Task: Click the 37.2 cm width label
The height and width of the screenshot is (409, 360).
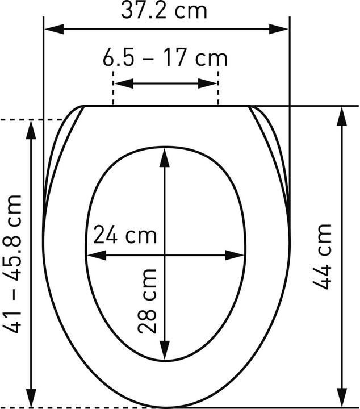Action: tap(164, 11)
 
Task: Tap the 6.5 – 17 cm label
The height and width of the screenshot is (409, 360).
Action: tap(165, 58)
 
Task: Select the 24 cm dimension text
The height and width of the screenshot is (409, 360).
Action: tap(125, 235)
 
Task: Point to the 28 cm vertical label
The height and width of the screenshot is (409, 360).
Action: tap(147, 302)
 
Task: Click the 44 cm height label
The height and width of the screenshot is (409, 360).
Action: tap(322, 257)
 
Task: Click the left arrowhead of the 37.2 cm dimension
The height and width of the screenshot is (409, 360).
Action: tap(54, 29)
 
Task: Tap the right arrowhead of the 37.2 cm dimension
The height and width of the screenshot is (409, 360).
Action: tap(279, 29)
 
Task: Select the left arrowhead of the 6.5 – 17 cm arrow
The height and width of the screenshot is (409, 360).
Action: tap(124, 84)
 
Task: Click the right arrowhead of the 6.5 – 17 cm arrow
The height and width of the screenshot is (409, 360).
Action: tap(207, 84)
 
